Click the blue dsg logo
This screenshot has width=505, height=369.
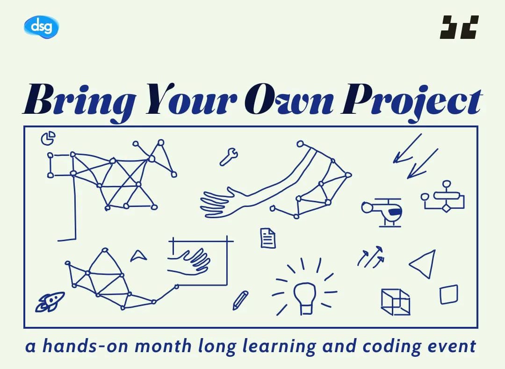tap(41, 27)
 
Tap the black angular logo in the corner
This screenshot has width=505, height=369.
tap(459, 27)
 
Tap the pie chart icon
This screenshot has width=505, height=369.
tap(48, 138)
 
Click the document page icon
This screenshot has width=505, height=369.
tap(267, 238)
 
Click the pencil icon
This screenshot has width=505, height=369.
tap(240, 300)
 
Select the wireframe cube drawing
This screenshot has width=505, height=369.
tap(395, 302)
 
